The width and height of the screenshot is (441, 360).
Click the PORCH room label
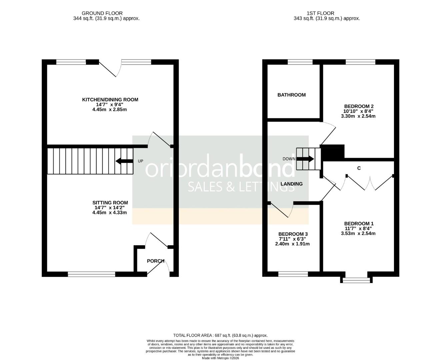(x=156, y=261)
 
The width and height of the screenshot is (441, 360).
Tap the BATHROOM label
(x=291, y=95)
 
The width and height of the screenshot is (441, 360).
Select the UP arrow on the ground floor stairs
(x=124, y=161)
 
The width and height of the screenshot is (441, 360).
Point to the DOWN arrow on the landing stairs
(x=305, y=159)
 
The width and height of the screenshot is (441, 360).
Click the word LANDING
(x=291, y=184)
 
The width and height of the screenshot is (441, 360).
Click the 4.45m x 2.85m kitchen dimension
(x=110, y=109)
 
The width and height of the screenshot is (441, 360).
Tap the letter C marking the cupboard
(x=359, y=168)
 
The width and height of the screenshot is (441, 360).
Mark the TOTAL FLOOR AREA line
(x=220, y=335)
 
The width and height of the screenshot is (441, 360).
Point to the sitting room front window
(x=91, y=274)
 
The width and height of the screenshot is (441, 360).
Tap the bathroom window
(x=300, y=62)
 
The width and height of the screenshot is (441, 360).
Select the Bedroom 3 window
(x=293, y=274)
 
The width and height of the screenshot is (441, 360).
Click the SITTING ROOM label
(x=110, y=203)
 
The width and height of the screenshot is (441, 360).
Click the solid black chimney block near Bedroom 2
(x=333, y=152)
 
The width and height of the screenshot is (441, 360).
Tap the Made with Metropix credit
(x=220, y=358)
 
